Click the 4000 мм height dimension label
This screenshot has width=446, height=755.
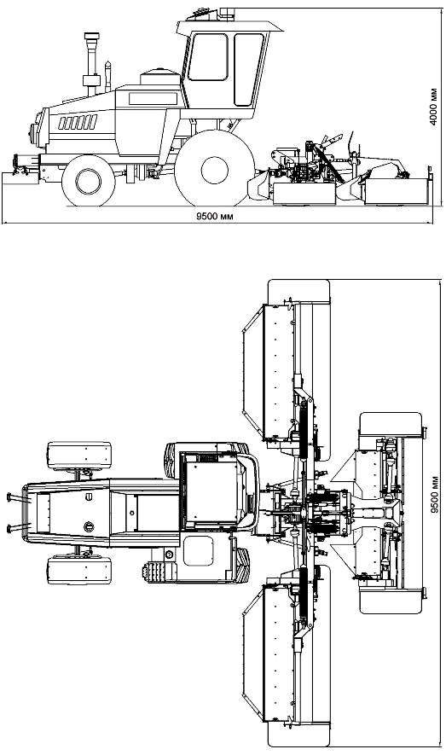point(434,107)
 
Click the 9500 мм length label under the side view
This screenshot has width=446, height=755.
point(214,216)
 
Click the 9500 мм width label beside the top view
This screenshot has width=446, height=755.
point(434,495)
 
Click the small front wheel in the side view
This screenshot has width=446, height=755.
point(89,181)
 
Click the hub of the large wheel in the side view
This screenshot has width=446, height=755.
point(215,170)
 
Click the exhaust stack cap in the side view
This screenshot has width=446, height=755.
point(91,36)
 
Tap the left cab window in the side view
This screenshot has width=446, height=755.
point(208,57)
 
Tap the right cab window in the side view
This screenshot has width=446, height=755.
point(247,69)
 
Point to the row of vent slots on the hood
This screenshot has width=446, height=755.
point(78,122)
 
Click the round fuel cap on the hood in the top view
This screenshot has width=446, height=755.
point(89,526)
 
